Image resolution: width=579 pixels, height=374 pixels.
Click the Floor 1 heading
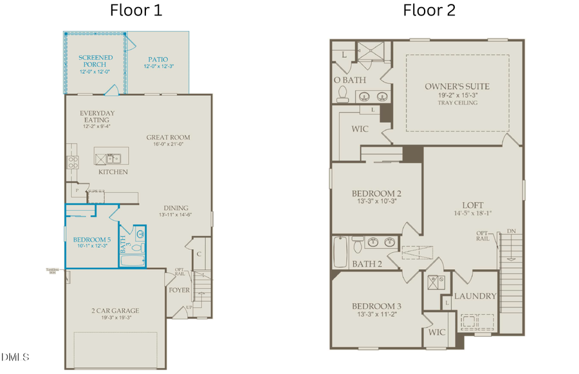point(136,10)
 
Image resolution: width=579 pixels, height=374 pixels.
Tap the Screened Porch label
point(95,61)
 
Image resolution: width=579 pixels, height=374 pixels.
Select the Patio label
point(158,59)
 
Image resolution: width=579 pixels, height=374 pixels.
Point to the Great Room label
point(168,137)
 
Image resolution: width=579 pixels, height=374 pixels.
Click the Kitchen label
point(113,172)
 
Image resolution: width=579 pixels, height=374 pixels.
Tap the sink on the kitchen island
point(113,158)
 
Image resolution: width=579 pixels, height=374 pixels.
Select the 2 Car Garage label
point(115,311)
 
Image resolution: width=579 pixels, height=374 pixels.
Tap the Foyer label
point(179,290)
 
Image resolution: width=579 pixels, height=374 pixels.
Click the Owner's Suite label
point(457,86)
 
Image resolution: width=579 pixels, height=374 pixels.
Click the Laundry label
point(475,296)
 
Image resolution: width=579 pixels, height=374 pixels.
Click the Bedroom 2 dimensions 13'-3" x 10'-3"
point(376,201)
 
